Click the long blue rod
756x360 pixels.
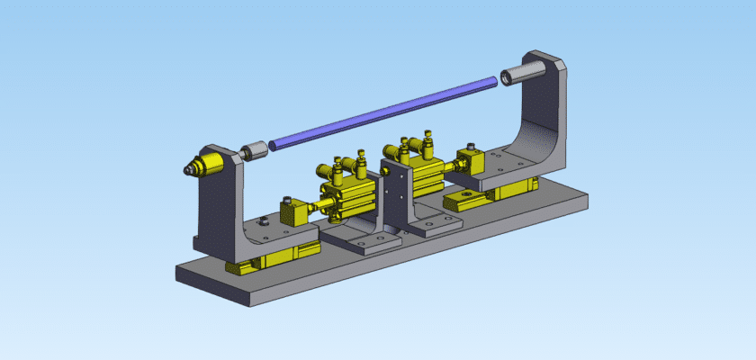click(x=382, y=112)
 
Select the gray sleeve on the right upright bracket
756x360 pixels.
click(x=521, y=71)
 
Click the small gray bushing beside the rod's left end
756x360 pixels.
click(x=256, y=148)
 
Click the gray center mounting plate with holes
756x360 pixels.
click(x=394, y=193)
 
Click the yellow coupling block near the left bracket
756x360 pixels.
click(x=293, y=213)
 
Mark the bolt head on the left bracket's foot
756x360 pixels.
click(x=263, y=221)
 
